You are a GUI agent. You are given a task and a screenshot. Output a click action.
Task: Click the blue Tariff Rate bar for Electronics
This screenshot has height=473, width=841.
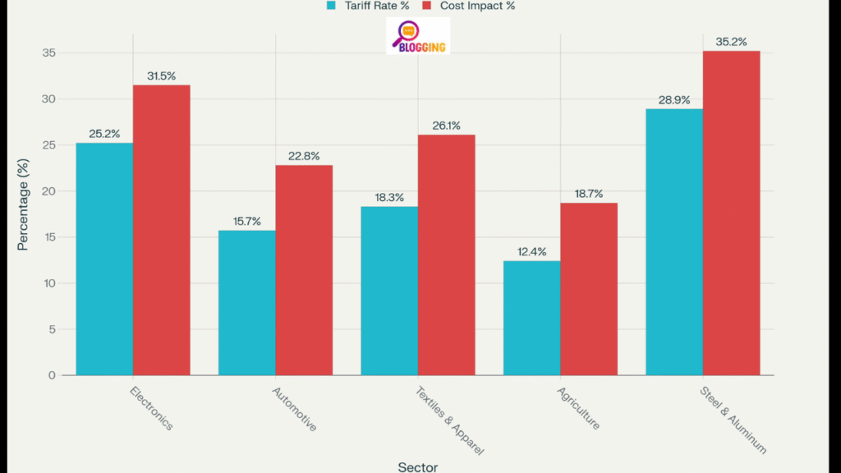click(104, 259)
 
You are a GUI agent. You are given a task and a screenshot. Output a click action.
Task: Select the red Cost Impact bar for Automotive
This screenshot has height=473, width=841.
click(304, 270)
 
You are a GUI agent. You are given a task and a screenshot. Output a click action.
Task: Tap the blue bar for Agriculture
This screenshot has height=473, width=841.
click(531, 318)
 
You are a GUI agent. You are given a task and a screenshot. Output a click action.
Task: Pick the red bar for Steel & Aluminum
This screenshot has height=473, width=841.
click(731, 213)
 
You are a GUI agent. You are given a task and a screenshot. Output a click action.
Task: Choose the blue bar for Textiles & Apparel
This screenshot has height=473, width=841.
click(389, 291)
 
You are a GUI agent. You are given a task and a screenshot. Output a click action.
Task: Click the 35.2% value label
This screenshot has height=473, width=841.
click(731, 42)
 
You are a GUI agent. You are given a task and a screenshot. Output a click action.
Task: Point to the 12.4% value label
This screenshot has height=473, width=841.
click(531, 251)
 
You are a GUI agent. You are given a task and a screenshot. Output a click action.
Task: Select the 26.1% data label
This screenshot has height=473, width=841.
click(446, 126)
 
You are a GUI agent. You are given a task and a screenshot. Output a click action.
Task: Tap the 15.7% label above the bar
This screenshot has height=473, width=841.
click(246, 221)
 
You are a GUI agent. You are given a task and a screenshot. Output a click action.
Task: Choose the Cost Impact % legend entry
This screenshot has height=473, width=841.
click(468, 6)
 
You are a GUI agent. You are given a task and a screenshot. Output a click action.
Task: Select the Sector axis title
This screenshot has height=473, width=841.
click(418, 466)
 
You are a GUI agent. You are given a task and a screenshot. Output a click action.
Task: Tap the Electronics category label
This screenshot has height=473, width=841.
click(152, 408)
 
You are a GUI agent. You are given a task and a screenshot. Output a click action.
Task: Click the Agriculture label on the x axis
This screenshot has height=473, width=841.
click(578, 408)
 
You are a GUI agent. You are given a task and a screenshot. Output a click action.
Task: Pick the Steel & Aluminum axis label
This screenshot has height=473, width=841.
click(734, 420)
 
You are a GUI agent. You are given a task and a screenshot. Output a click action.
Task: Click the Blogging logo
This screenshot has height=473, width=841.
click(418, 37)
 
